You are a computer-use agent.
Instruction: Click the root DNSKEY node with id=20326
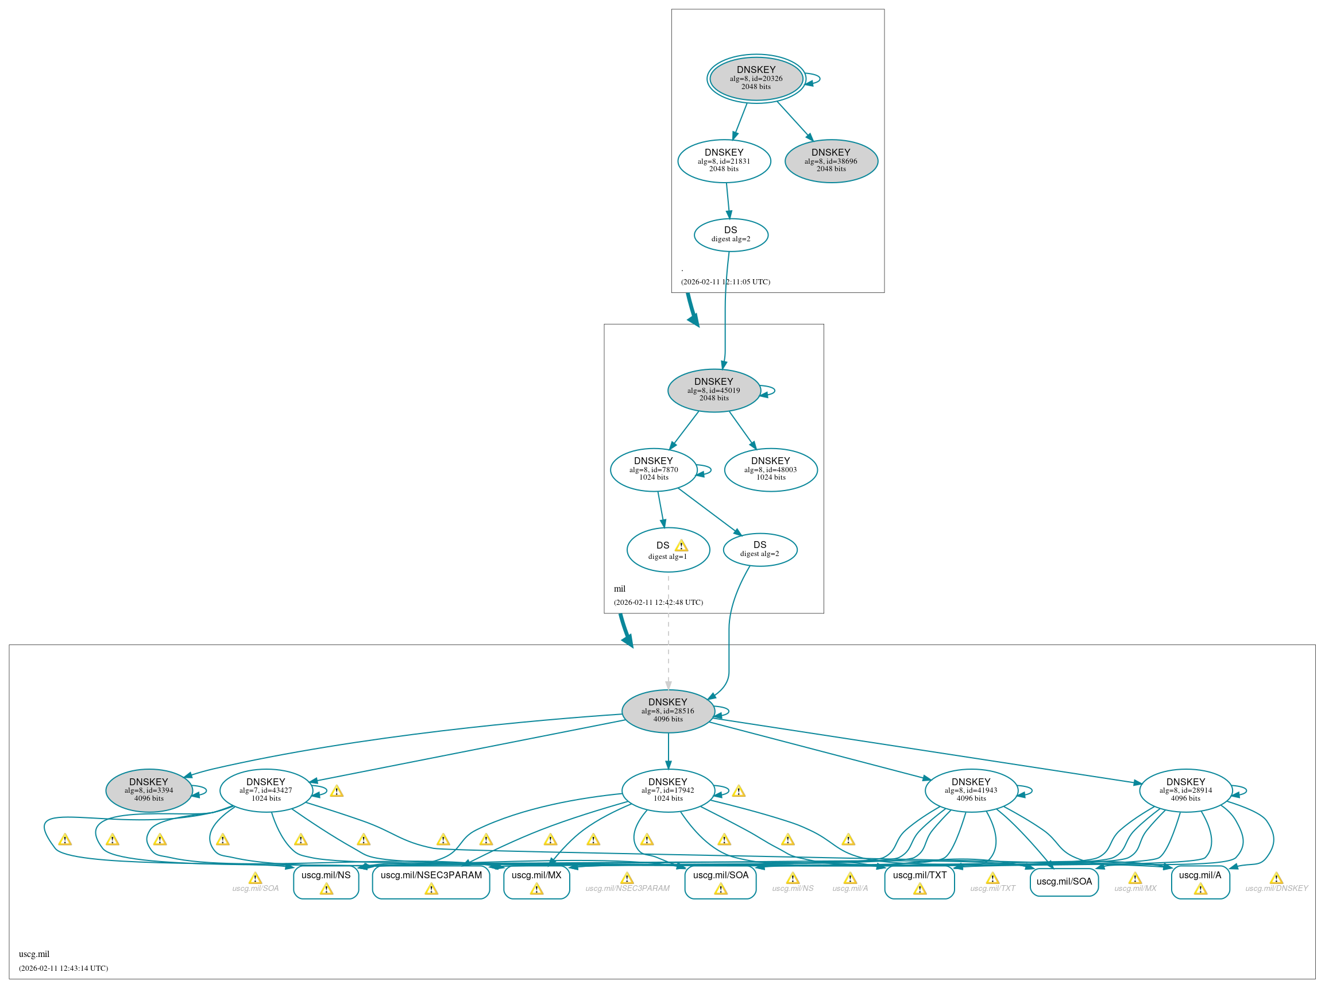pyautogui.click(x=756, y=78)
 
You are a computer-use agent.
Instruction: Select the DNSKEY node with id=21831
pyautogui.click(x=724, y=161)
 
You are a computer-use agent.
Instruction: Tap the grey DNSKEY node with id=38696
pyautogui.click(x=830, y=161)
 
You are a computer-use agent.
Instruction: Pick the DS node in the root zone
pyautogui.click(x=731, y=234)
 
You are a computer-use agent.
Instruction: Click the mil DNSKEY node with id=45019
pyautogui.click(x=713, y=390)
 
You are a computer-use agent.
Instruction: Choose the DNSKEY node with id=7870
pyautogui.click(x=653, y=469)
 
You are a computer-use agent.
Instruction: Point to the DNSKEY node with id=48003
pyautogui.click(x=770, y=469)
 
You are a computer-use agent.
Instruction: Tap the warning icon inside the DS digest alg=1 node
pyautogui.click(x=681, y=546)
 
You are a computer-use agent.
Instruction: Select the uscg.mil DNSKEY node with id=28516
pyautogui.click(x=668, y=711)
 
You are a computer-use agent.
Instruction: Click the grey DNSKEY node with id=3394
pyautogui.click(x=149, y=790)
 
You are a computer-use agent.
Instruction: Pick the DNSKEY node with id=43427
pyautogui.click(x=265, y=790)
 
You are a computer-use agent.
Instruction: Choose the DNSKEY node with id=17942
pyautogui.click(x=668, y=790)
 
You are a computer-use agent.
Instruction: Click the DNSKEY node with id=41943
pyautogui.click(x=971, y=790)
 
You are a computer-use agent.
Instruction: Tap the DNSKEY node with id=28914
pyautogui.click(x=1185, y=790)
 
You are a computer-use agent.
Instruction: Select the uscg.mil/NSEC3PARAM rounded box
pyautogui.click(x=431, y=881)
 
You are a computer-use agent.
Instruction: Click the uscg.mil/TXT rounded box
pyautogui.click(x=919, y=881)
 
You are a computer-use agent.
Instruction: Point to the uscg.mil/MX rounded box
pyautogui.click(x=536, y=881)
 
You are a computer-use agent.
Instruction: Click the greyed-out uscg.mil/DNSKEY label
pyautogui.click(x=1276, y=888)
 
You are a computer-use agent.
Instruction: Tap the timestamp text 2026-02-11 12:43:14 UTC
pyautogui.click(x=63, y=968)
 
